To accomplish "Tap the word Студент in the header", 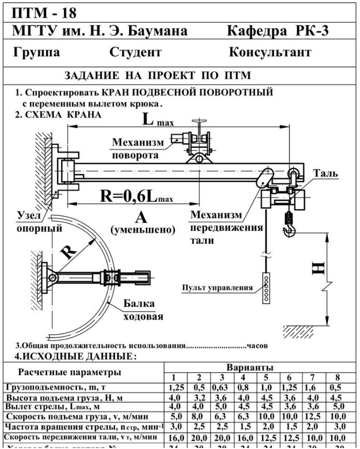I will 136,52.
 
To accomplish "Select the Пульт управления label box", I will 217,288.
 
